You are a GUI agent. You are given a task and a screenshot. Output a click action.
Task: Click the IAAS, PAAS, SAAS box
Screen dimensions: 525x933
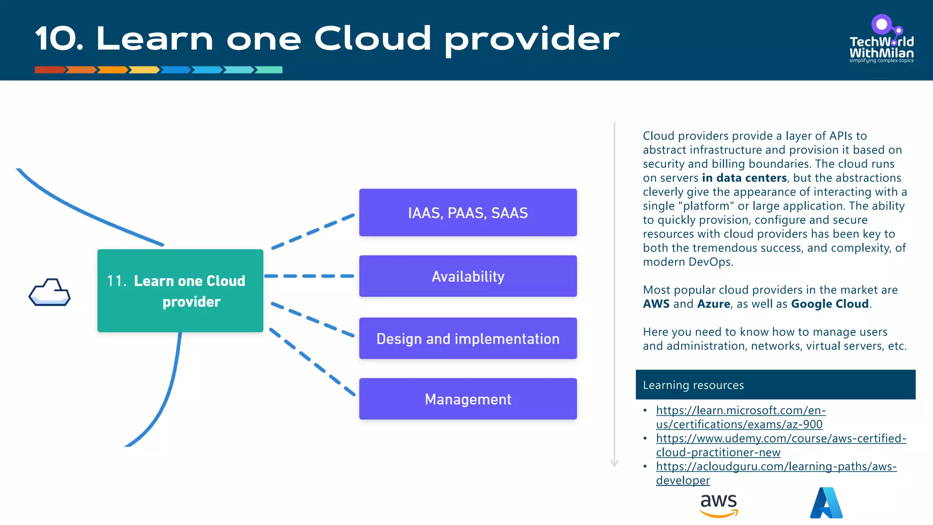point(468,213)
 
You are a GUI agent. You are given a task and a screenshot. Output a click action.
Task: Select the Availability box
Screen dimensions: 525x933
point(468,276)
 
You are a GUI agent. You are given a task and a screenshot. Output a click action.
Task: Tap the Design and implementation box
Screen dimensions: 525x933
point(468,339)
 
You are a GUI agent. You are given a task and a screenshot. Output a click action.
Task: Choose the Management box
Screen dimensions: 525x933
point(468,399)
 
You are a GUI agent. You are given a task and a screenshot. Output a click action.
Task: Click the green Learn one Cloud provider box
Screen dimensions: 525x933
point(180,291)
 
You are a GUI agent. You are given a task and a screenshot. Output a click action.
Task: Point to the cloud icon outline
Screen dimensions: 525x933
point(49,292)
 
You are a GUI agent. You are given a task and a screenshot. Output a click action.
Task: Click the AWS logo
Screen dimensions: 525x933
point(718,505)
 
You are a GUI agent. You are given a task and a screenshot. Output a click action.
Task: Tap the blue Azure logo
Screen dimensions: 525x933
point(826,503)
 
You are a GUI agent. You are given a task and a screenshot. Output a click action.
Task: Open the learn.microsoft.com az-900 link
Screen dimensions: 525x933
point(740,417)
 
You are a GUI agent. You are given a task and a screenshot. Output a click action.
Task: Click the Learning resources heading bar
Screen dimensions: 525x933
point(775,385)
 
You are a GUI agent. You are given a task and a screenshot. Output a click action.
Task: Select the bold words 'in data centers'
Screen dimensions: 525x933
point(744,178)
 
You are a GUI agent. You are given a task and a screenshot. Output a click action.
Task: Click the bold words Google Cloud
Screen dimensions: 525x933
point(830,304)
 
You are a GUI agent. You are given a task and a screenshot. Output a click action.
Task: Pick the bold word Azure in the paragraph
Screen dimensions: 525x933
point(713,304)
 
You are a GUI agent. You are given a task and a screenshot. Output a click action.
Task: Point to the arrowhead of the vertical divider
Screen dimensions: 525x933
point(614,463)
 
